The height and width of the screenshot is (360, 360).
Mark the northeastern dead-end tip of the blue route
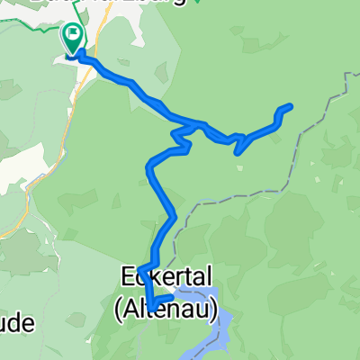coord(290,107)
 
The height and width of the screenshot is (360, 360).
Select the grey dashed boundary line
coord(297,144)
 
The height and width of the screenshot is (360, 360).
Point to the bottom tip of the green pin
coord(73,53)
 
